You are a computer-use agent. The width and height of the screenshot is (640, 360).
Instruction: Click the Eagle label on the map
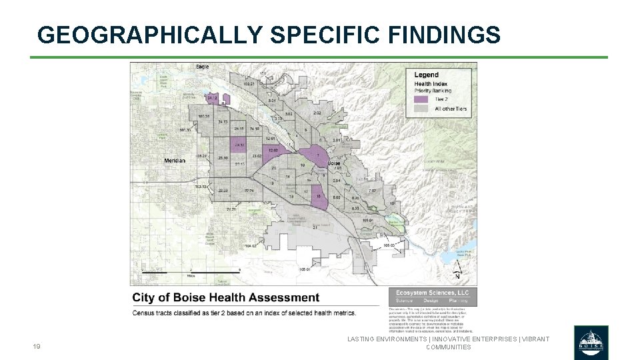coord(203,67)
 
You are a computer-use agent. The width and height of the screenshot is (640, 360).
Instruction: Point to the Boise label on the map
coord(334,163)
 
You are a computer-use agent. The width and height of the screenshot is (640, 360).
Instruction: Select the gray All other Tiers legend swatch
coord(421,108)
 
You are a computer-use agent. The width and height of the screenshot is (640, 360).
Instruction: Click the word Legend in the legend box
coord(427,75)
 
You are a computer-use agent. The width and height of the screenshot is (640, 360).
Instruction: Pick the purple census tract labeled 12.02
coord(274,151)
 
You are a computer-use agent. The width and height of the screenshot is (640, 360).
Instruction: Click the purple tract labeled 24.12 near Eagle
coord(213,98)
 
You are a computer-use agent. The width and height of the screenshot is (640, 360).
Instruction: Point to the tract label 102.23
coord(249,85)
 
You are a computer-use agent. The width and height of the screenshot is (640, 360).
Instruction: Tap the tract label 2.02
coord(317,113)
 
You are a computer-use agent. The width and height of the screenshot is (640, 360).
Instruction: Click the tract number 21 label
coord(314,227)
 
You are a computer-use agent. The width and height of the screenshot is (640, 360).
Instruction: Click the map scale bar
coord(190,271)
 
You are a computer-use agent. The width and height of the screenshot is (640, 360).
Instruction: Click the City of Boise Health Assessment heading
coord(226,297)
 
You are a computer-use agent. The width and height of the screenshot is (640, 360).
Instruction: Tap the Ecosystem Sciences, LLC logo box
coord(432,296)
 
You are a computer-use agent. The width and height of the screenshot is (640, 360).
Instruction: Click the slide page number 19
coord(37,347)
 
